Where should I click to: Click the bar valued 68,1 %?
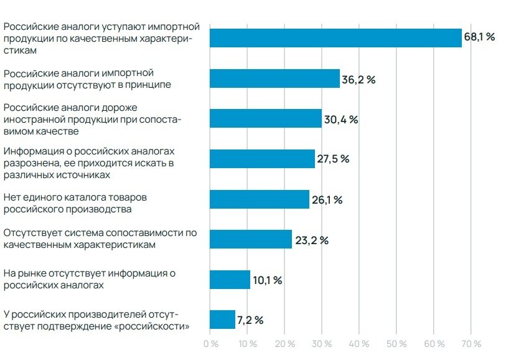coord(335,38)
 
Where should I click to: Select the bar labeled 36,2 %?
coord(274,78)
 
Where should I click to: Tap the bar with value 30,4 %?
coord(266,118)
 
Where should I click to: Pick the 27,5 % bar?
coord(262,159)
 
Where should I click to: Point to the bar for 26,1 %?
coord(260,199)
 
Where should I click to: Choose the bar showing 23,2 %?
coord(251,239)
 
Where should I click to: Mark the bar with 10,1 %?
coord(230,280)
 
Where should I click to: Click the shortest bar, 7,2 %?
coord(222,320)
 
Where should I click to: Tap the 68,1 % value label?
coord(479,37)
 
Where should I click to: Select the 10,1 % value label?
coord(268,280)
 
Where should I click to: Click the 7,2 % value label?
coord(250,320)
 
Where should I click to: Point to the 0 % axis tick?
coord(211,344)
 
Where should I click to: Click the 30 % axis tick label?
coord(322,344)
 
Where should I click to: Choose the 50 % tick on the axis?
coord(397,344)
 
